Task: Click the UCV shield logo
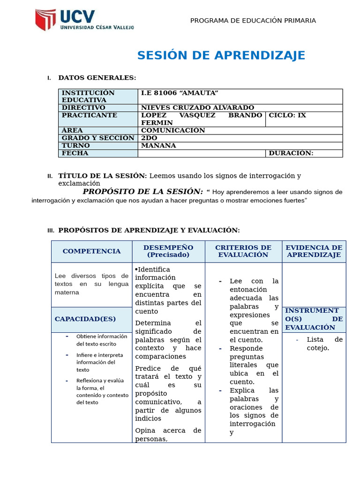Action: click(x=46, y=20)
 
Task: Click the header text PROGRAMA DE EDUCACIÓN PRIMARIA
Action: click(x=253, y=21)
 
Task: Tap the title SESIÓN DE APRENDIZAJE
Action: click(x=221, y=55)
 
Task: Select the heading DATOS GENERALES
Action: click(x=97, y=78)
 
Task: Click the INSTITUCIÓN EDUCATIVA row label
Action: click(x=88, y=96)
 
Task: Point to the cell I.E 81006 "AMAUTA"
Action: click(x=180, y=93)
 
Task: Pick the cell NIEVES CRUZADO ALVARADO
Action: click(x=197, y=108)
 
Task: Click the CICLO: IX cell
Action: click(x=287, y=115)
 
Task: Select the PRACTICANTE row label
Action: click(x=90, y=115)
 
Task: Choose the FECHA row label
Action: click(x=75, y=153)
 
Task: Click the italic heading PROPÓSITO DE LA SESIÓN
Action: click(x=143, y=192)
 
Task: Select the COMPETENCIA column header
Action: click(x=91, y=251)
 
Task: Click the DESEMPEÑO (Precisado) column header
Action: click(x=168, y=251)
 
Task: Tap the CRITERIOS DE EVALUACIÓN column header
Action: click(x=243, y=251)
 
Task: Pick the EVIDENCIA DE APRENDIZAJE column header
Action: click(x=314, y=251)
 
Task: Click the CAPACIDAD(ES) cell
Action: click(x=85, y=319)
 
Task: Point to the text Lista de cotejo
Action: click(x=319, y=344)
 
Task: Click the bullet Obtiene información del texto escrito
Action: click(x=101, y=340)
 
